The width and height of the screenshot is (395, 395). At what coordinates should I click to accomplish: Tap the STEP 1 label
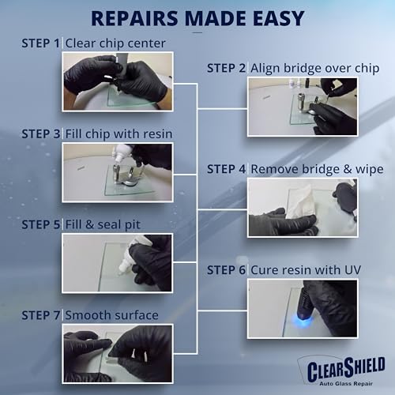click(41, 42)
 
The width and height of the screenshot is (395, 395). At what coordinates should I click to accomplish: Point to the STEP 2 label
click(226, 68)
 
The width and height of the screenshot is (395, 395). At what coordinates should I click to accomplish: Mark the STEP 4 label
click(226, 169)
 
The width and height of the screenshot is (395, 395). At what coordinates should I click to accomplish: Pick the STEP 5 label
click(41, 224)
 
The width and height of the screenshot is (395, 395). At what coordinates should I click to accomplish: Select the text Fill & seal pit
click(105, 224)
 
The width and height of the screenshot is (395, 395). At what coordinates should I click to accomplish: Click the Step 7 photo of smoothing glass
click(117, 353)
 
